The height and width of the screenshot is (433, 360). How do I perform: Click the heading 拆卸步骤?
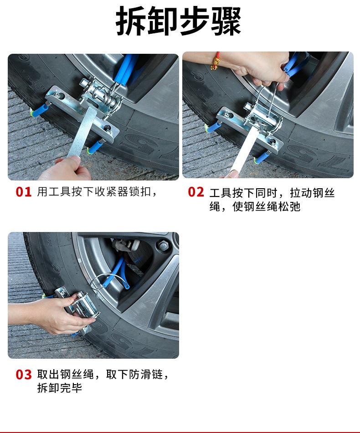178,21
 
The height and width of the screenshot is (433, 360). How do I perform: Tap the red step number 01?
23,192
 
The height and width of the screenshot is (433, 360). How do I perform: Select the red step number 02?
196,192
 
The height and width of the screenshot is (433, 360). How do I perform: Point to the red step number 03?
23,375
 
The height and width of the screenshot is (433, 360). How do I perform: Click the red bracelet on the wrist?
215,62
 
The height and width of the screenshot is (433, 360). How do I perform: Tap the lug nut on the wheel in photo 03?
163,245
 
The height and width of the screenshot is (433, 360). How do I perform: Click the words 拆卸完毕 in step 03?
60,388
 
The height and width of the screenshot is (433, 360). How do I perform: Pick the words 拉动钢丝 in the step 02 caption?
312,193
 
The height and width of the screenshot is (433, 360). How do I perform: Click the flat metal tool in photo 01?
82,132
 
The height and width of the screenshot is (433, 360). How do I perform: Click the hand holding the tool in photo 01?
65,169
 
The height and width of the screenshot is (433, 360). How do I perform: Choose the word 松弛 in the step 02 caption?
289,206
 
